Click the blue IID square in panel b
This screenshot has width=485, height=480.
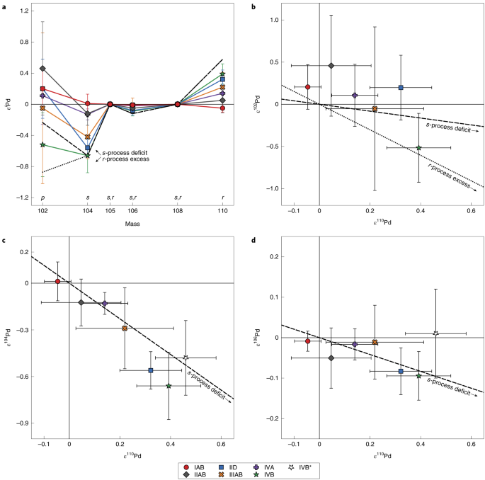point(401,88)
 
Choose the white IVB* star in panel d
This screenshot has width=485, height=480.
point(436,333)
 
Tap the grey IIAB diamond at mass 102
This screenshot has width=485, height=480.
point(43,69)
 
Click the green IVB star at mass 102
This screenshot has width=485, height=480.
point(43,144)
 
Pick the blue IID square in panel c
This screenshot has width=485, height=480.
point(151,370)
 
